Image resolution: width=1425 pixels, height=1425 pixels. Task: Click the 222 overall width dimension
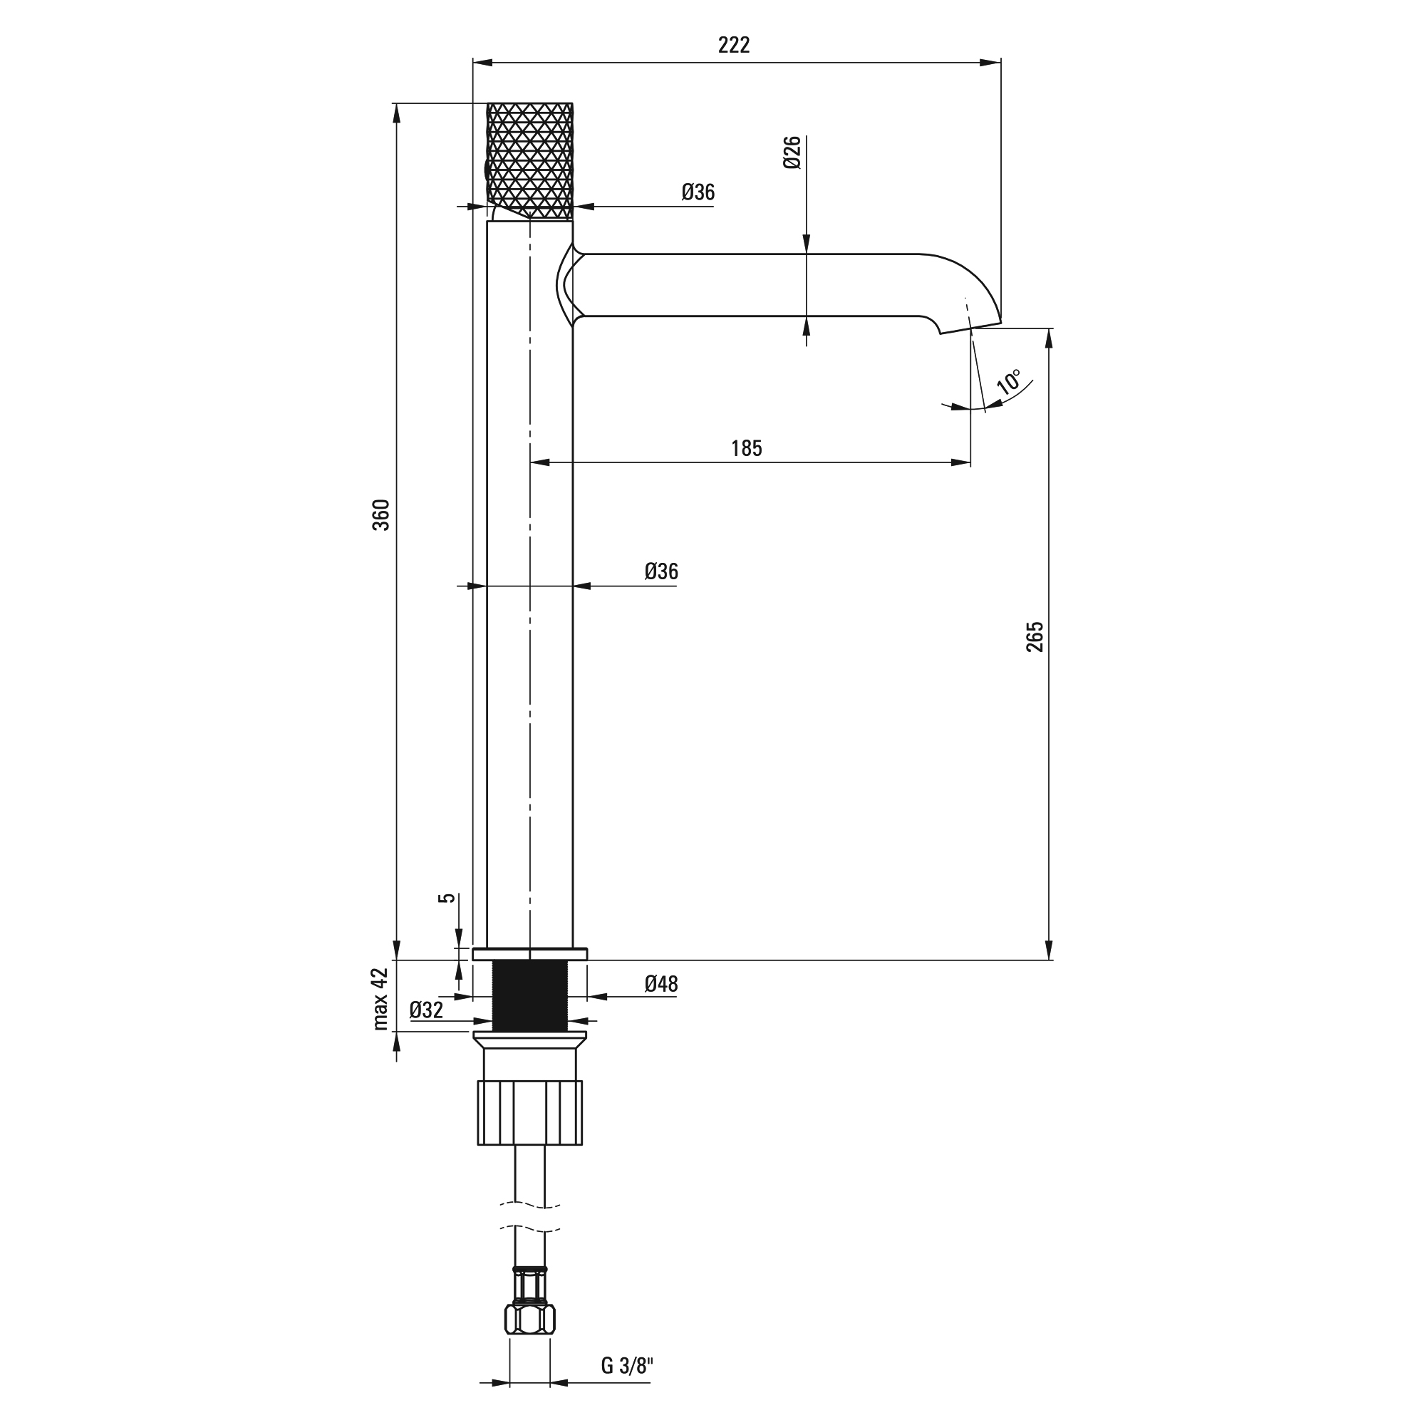[734, 46]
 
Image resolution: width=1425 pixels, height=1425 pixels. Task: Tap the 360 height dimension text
[380, 515]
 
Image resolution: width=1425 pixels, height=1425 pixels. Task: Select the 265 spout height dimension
[1035, 636]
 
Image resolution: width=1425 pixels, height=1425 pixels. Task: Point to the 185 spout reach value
[747, 448]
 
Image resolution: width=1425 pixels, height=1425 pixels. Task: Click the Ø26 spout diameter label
[792, 152]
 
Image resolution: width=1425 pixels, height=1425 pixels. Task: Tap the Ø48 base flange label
[661, 983]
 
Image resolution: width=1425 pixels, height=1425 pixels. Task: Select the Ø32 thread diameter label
[426, 1010]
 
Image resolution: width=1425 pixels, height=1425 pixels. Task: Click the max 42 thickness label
[380, 999]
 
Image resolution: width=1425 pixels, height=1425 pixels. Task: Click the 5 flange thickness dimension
[447, 898]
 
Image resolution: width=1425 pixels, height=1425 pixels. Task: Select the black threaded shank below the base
[529, 996]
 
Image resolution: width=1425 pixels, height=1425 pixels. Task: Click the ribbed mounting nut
[529, 1112]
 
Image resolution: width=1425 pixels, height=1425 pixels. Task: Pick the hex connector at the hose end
[529, 1320]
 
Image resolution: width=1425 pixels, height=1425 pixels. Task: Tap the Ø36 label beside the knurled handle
[698, 192]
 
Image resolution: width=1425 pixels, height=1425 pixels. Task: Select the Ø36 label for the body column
[661, 571]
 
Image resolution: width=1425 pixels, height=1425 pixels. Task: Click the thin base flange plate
[529, 954]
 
